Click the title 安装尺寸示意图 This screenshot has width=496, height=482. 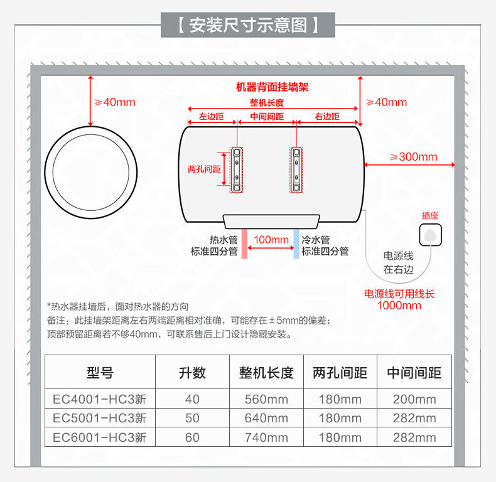248,24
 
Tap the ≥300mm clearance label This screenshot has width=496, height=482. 413,157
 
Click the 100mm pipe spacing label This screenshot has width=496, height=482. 271,240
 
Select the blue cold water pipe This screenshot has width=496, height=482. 296,244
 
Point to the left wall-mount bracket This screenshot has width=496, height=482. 237,169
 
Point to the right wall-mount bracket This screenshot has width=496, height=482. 296,169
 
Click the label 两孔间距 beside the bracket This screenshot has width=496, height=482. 204,169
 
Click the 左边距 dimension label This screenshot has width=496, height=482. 211,117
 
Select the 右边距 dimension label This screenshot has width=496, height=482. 327,117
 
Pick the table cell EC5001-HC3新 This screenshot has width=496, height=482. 99,418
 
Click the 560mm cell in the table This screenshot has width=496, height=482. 266,399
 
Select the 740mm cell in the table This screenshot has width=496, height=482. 266,437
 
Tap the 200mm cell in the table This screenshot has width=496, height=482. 414,399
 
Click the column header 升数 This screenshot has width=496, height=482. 192,373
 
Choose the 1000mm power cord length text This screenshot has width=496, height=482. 399,306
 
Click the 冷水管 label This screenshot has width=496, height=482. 316,240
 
